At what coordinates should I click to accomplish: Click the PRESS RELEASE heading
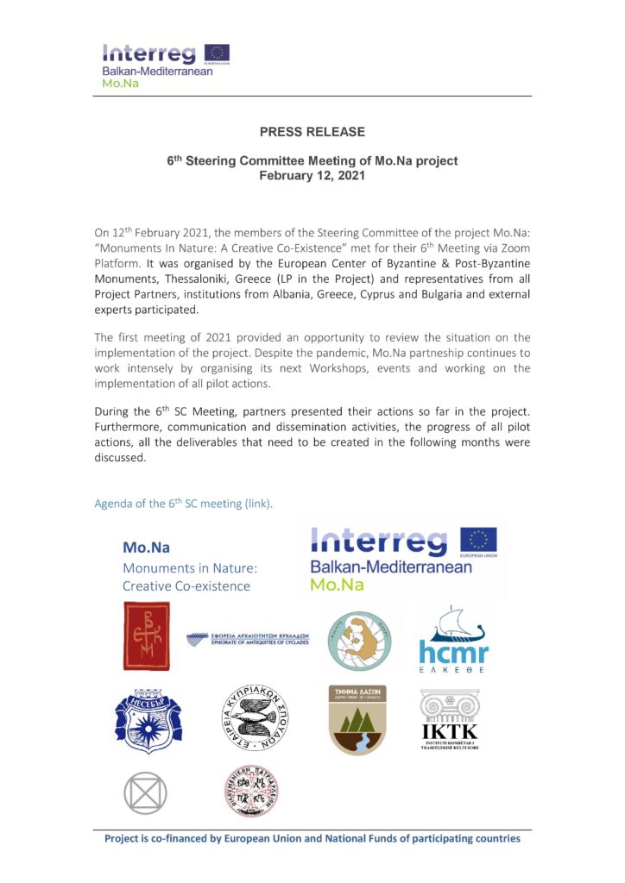pos(312,132)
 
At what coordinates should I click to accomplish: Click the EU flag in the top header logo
pos(217,54)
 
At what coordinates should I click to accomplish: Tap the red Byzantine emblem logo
pos(147,636)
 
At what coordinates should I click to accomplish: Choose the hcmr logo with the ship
pos(453,640)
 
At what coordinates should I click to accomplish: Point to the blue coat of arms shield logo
pos(148,715)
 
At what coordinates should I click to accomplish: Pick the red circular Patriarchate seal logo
pos(250,792)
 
